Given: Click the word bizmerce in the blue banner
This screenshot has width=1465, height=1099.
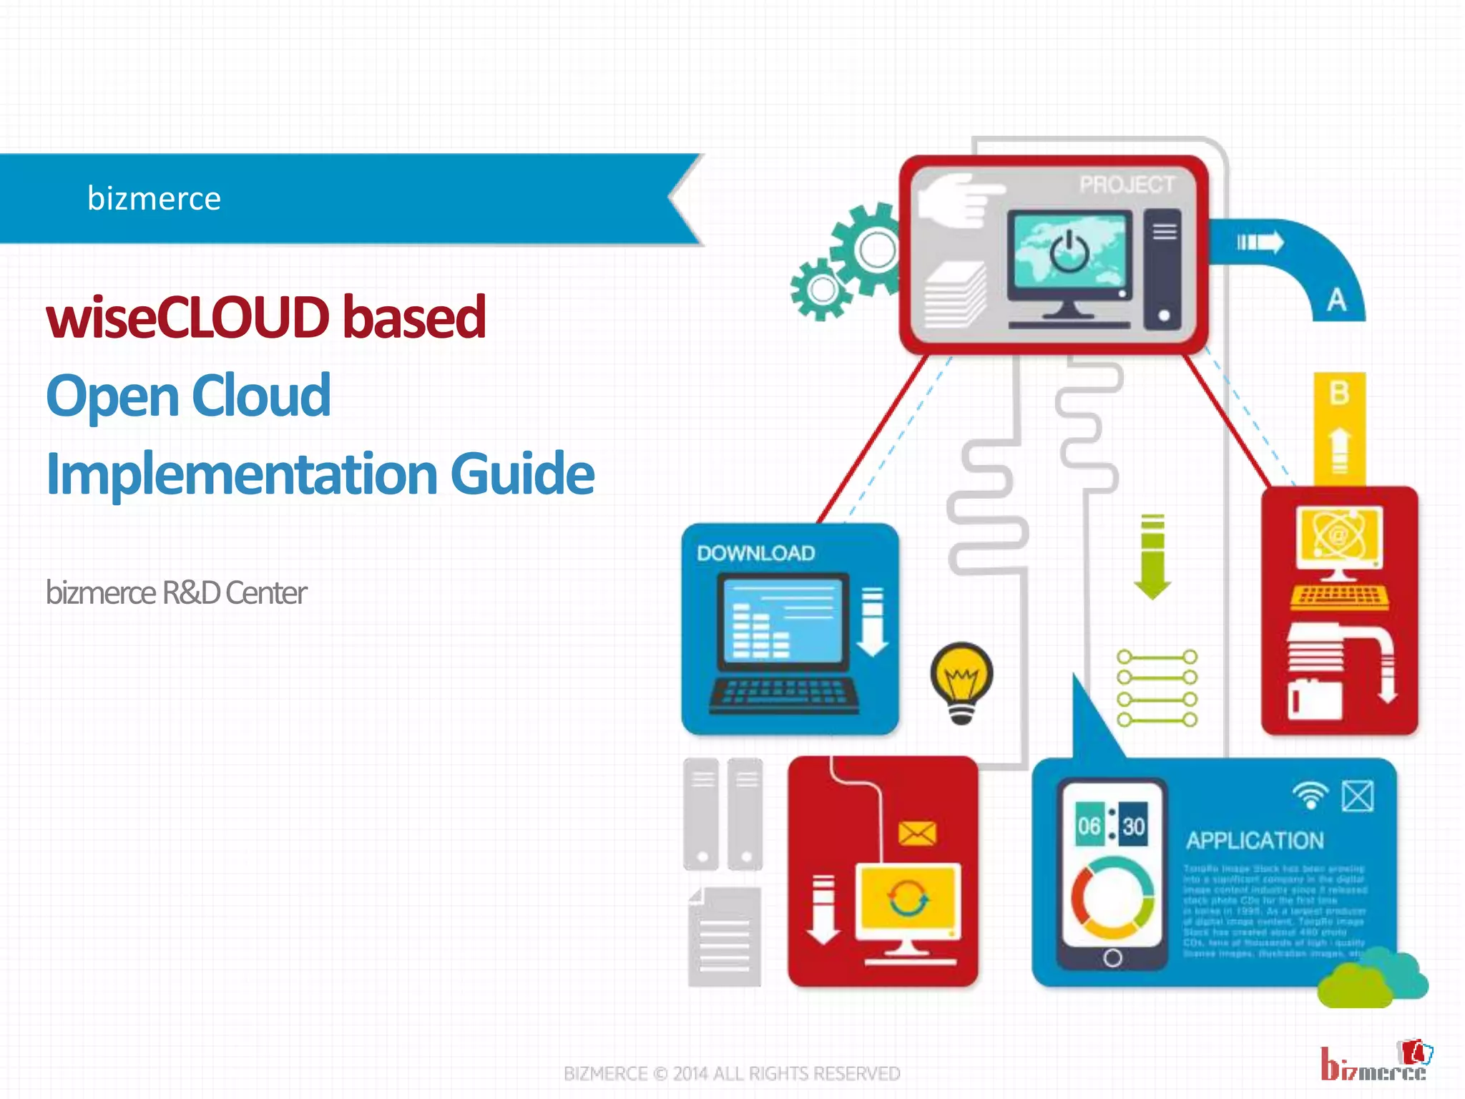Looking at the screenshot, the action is pos(154,198).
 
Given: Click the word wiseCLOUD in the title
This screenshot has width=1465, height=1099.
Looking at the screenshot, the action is pos(187,317).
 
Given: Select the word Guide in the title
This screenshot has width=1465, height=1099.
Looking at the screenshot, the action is pos(522,474).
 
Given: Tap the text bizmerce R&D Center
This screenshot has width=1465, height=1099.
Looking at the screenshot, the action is pos(176,592).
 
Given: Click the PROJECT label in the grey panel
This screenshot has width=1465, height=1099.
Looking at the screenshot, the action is pos(1127,185).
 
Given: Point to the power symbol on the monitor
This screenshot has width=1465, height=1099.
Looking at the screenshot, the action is pos(1069,251).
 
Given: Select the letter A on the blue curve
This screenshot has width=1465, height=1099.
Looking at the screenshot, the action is pos(1336,300).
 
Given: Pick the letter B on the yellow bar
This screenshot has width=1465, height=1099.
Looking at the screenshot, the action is pos(1339,393).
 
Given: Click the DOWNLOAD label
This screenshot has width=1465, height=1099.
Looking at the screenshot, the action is pos(755,553).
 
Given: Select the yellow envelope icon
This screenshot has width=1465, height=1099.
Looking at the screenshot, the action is pos(917,833).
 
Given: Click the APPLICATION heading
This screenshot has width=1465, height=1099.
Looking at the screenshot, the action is pos(1255,841).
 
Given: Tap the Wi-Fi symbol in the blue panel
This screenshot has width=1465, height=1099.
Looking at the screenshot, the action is pos(1310,795).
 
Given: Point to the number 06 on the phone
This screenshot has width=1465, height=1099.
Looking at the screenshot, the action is pos(1089,826).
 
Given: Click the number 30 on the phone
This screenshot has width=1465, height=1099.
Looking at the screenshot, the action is pos(1133,826).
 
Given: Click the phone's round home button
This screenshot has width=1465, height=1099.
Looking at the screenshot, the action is pos(1112,957).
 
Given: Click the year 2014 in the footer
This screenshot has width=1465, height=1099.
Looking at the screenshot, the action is pos(690,1073).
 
